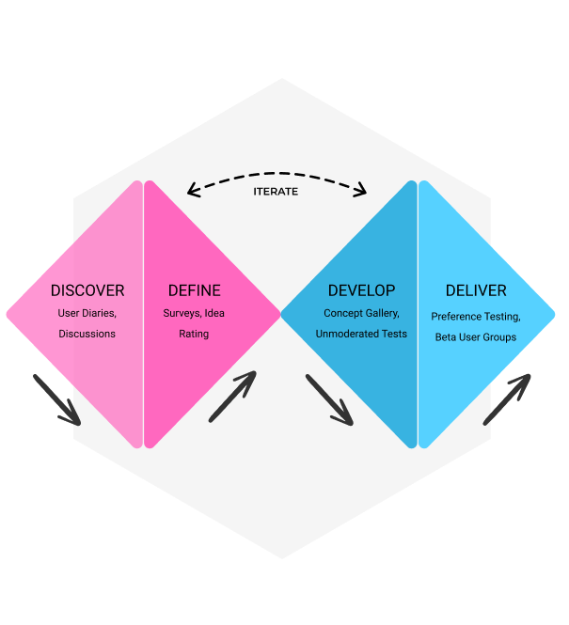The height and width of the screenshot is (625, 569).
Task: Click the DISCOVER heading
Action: [87, 290]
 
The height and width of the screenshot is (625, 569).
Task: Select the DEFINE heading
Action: [195, 290]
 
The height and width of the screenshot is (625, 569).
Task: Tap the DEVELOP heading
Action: [361, 290]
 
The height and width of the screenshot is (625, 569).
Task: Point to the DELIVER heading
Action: [476, 290]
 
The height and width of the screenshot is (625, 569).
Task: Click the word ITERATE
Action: [276, 192]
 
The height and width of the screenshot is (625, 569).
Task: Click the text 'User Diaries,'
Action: [87, 313]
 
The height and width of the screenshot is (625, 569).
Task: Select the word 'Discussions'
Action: [87, 334]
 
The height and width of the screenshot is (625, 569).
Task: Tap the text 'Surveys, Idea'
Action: [195, 313]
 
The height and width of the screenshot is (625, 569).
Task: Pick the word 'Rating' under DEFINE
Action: [195, 334]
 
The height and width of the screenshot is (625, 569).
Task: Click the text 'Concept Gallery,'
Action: [361, 313]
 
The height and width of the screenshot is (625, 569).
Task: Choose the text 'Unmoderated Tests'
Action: [361, 334]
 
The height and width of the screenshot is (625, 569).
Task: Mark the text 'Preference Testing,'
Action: [476, 317]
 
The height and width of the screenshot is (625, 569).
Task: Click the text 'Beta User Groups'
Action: [476, 337]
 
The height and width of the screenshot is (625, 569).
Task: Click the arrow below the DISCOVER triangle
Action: [57, 399]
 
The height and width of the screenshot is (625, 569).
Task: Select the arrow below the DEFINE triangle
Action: [232, 396]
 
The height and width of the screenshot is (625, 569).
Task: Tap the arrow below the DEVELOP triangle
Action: [329, 399]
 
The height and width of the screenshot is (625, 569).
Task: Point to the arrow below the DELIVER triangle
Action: [507, 398]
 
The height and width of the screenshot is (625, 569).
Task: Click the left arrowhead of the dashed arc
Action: [192, 191]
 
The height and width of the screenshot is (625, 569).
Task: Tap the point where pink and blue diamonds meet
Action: [281, 314]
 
